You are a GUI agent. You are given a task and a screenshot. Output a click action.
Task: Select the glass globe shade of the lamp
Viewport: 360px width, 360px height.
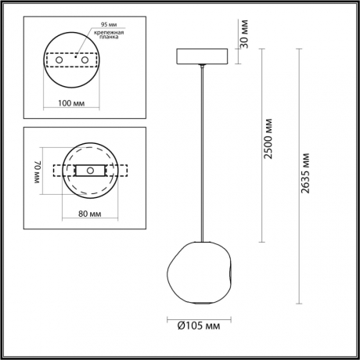coord(201,266)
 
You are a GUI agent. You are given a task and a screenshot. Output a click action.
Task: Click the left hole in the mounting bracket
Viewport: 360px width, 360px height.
coord(56,59)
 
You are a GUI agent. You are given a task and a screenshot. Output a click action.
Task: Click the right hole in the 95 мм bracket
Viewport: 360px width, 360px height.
coord(86,59)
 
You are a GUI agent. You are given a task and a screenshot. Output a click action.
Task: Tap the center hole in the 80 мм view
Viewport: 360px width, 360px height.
coord(89,171)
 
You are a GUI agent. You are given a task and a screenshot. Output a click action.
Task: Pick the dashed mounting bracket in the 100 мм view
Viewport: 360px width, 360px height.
coord(71,59)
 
